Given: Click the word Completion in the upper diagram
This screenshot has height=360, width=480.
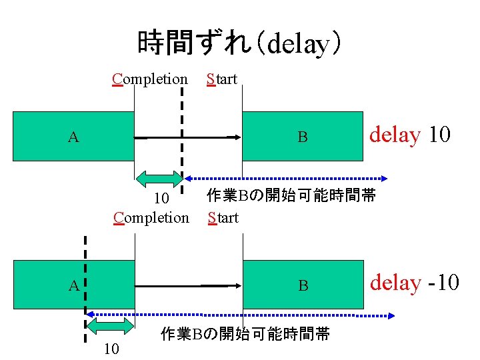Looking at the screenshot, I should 150,79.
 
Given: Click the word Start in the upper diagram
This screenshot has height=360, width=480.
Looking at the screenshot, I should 222,79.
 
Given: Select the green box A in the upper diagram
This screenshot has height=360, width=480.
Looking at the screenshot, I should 73,137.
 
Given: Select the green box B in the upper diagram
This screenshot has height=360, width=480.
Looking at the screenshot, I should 302,137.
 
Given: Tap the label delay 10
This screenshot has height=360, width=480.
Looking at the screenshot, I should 410,135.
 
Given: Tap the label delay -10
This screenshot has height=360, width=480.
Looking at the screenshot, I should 414,283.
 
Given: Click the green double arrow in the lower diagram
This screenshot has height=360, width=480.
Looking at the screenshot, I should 111,325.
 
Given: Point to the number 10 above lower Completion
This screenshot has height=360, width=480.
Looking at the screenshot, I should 161,199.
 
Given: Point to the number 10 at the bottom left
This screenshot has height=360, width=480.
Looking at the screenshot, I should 111,348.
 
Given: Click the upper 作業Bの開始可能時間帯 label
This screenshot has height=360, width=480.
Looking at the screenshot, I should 291,196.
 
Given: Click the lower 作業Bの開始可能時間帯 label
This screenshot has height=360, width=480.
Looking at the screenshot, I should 245,335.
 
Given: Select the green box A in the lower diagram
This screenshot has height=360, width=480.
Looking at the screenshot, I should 73,285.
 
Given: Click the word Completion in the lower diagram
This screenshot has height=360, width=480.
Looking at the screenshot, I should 151,217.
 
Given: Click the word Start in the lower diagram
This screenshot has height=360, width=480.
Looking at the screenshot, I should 223,217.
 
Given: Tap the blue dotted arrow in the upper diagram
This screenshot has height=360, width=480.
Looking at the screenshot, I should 287,179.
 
